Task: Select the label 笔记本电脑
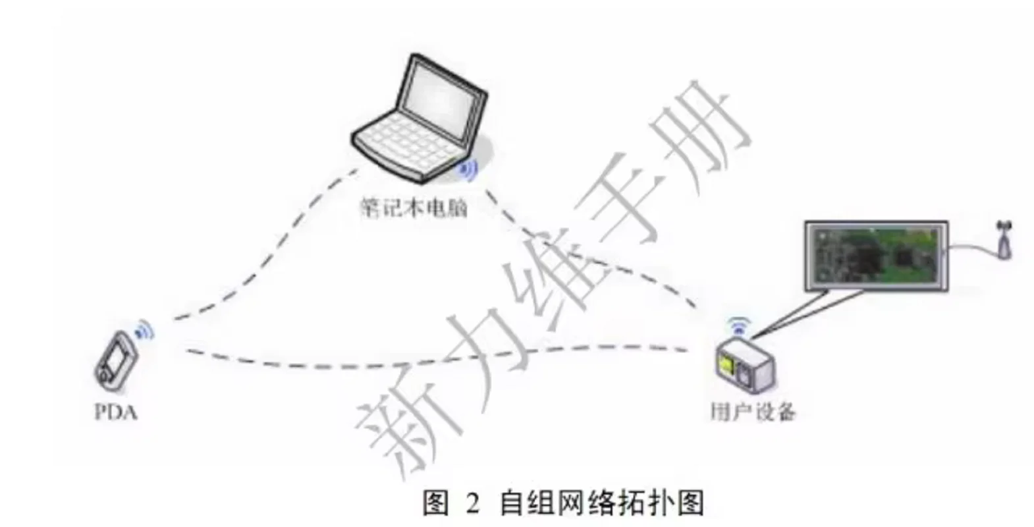414,208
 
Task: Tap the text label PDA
116,413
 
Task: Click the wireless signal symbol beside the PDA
144,330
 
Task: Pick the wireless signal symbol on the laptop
468,171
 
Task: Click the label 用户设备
752,412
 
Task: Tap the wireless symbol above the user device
739,325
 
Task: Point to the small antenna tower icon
1004,241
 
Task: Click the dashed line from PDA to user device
395,363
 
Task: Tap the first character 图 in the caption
435,503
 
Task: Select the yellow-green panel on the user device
727,363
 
